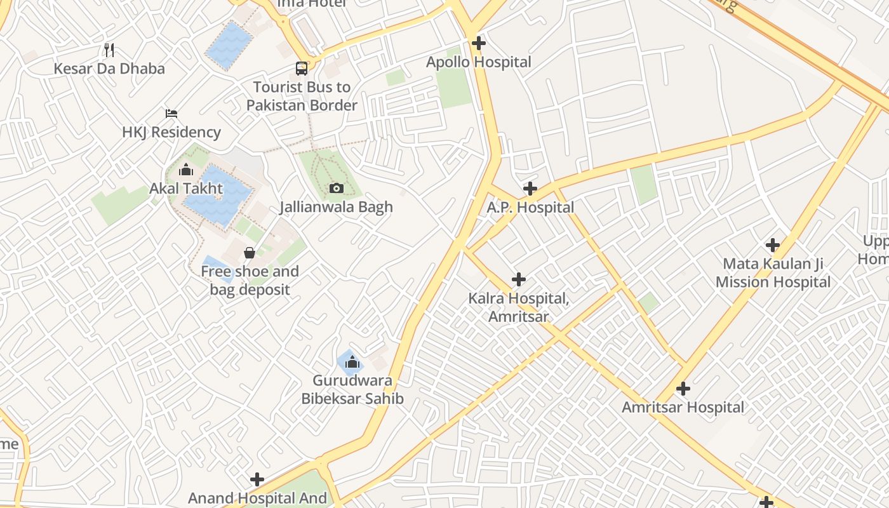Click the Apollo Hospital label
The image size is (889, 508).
coord(478,62)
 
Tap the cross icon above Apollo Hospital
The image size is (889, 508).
coord(479,43)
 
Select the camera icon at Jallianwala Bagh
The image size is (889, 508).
coord(337,188)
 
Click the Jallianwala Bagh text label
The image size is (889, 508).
coord(337,207)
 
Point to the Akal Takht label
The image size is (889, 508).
coord(186,189)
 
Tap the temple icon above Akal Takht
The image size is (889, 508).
coord(186,170)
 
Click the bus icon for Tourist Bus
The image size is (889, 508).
coord(302,68)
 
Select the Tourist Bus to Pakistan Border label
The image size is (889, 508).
coord(302,96)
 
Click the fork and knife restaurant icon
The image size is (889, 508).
coord(109,50)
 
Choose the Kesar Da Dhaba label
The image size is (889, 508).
coord(109,69)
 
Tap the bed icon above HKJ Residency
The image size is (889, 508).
coord(171,114)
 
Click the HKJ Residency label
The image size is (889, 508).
coord(171,132)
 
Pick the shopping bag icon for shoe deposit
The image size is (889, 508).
coord(250,253)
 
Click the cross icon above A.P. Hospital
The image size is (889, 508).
coord(530,189)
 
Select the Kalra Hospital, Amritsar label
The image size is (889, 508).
coord(518,307)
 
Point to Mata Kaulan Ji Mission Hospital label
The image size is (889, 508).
coord(773,273)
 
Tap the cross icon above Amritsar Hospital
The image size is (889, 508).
coord(683,388)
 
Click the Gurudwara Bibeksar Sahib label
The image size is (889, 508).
coord(352,390)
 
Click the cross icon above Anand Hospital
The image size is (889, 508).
coord(257,479)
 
